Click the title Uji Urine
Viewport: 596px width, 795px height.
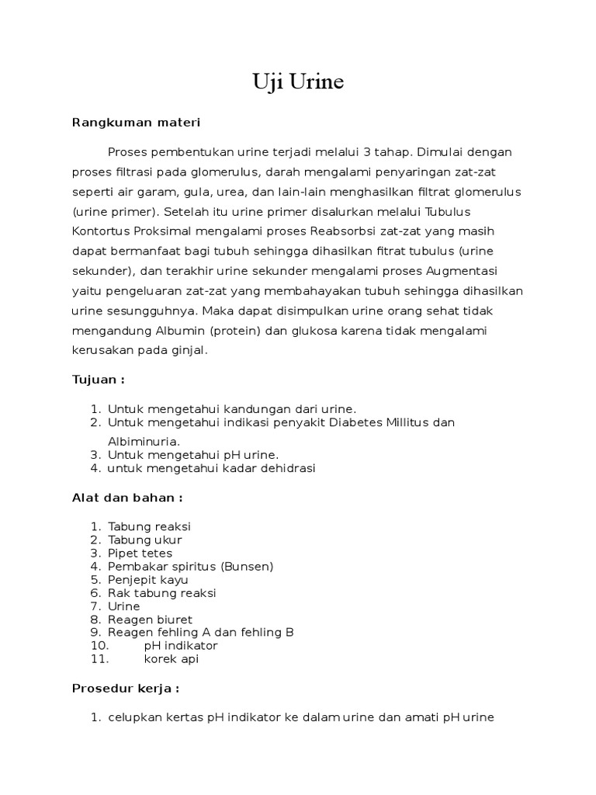(x=297, y=82)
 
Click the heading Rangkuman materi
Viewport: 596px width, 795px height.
(x=136, y=122)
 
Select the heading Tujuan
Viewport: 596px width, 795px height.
(x=98, y=380)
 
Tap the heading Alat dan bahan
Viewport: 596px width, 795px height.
(x=127, y=498)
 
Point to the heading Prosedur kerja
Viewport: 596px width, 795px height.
(x=126, y=688)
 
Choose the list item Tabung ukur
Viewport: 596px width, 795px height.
(x=145, y=540)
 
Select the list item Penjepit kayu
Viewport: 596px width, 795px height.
(x=148, y=579)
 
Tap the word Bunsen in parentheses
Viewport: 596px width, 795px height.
(x=247, y=566)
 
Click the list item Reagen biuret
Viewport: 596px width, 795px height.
(x=151, y=620)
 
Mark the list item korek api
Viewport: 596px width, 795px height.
(x=172, y=659)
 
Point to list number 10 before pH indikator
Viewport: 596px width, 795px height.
(x=99, y=646)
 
